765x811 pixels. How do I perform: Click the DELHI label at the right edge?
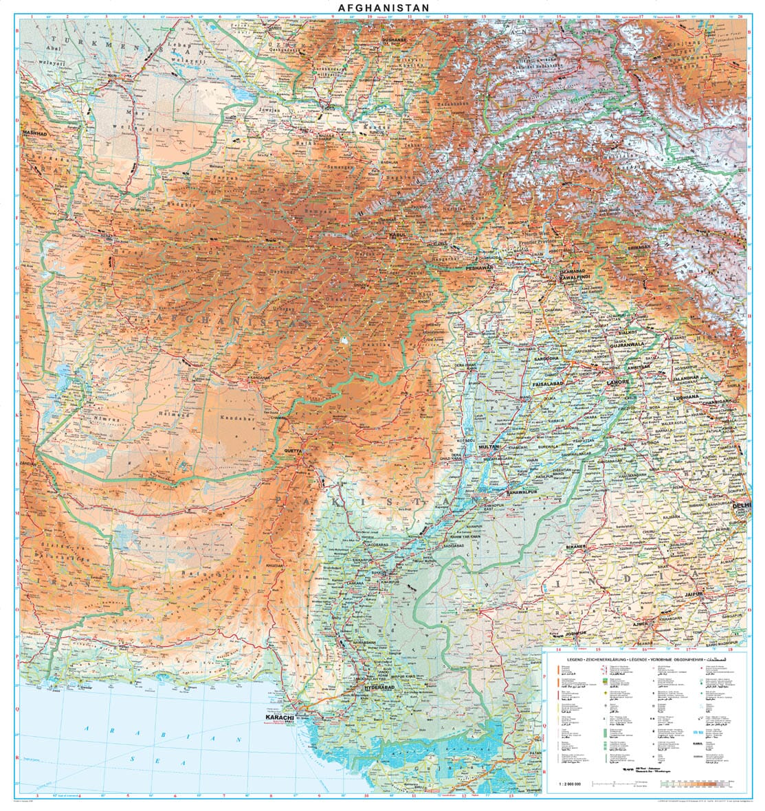(742, 505)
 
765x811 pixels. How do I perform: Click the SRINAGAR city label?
(639, 247)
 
